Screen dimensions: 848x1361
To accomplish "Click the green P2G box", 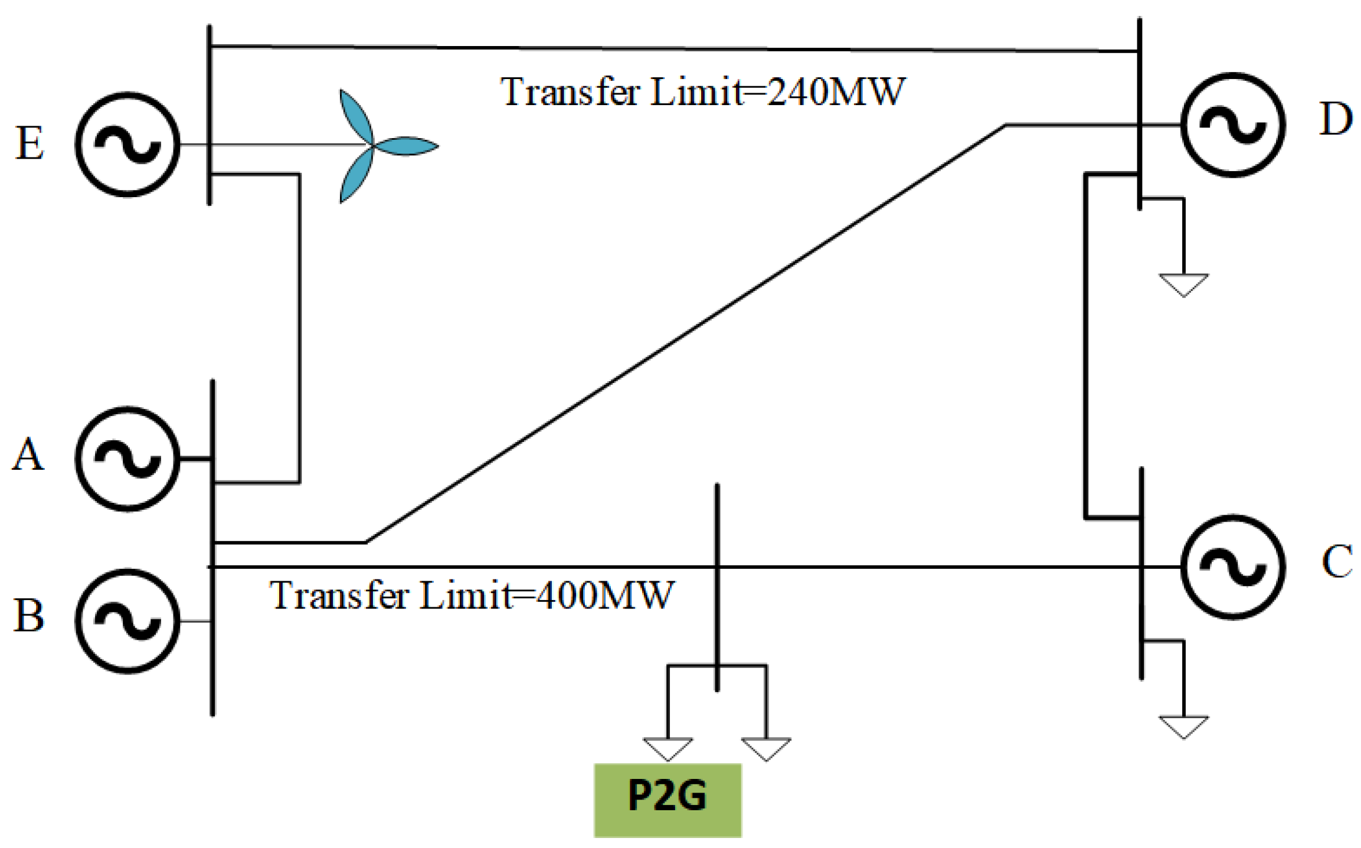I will [667, 800].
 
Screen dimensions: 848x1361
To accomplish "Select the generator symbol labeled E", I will [127, 144].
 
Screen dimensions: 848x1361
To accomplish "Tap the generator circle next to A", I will [127, 458].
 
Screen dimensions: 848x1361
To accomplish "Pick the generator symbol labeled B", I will [127, 621].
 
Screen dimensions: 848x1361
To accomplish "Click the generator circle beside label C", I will [1232, 567].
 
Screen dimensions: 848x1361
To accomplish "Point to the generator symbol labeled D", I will [1232, 125].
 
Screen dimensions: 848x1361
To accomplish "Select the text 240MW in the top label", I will [835, 92].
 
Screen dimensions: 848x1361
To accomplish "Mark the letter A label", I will [28, 455].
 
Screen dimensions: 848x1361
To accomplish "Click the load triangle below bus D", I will [1183, 283].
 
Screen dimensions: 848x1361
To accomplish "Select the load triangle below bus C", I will [1183, 725].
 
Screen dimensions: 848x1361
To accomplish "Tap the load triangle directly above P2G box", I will [668, 747].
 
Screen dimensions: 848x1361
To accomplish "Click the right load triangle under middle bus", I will [766, 747].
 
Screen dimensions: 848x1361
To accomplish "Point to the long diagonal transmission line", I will [685, 333].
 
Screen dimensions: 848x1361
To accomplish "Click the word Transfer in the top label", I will [570, 92].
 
